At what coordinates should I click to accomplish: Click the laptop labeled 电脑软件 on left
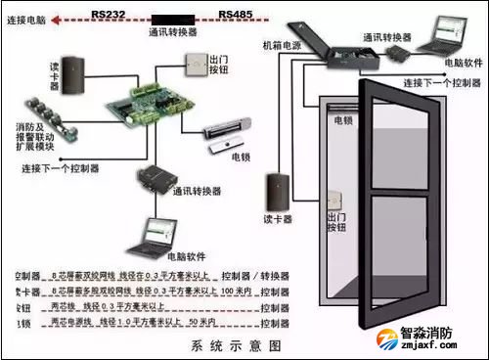coord(157,235)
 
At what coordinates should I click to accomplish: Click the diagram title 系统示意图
coord(234,346)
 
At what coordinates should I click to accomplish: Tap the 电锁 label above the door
coord(343,120)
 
